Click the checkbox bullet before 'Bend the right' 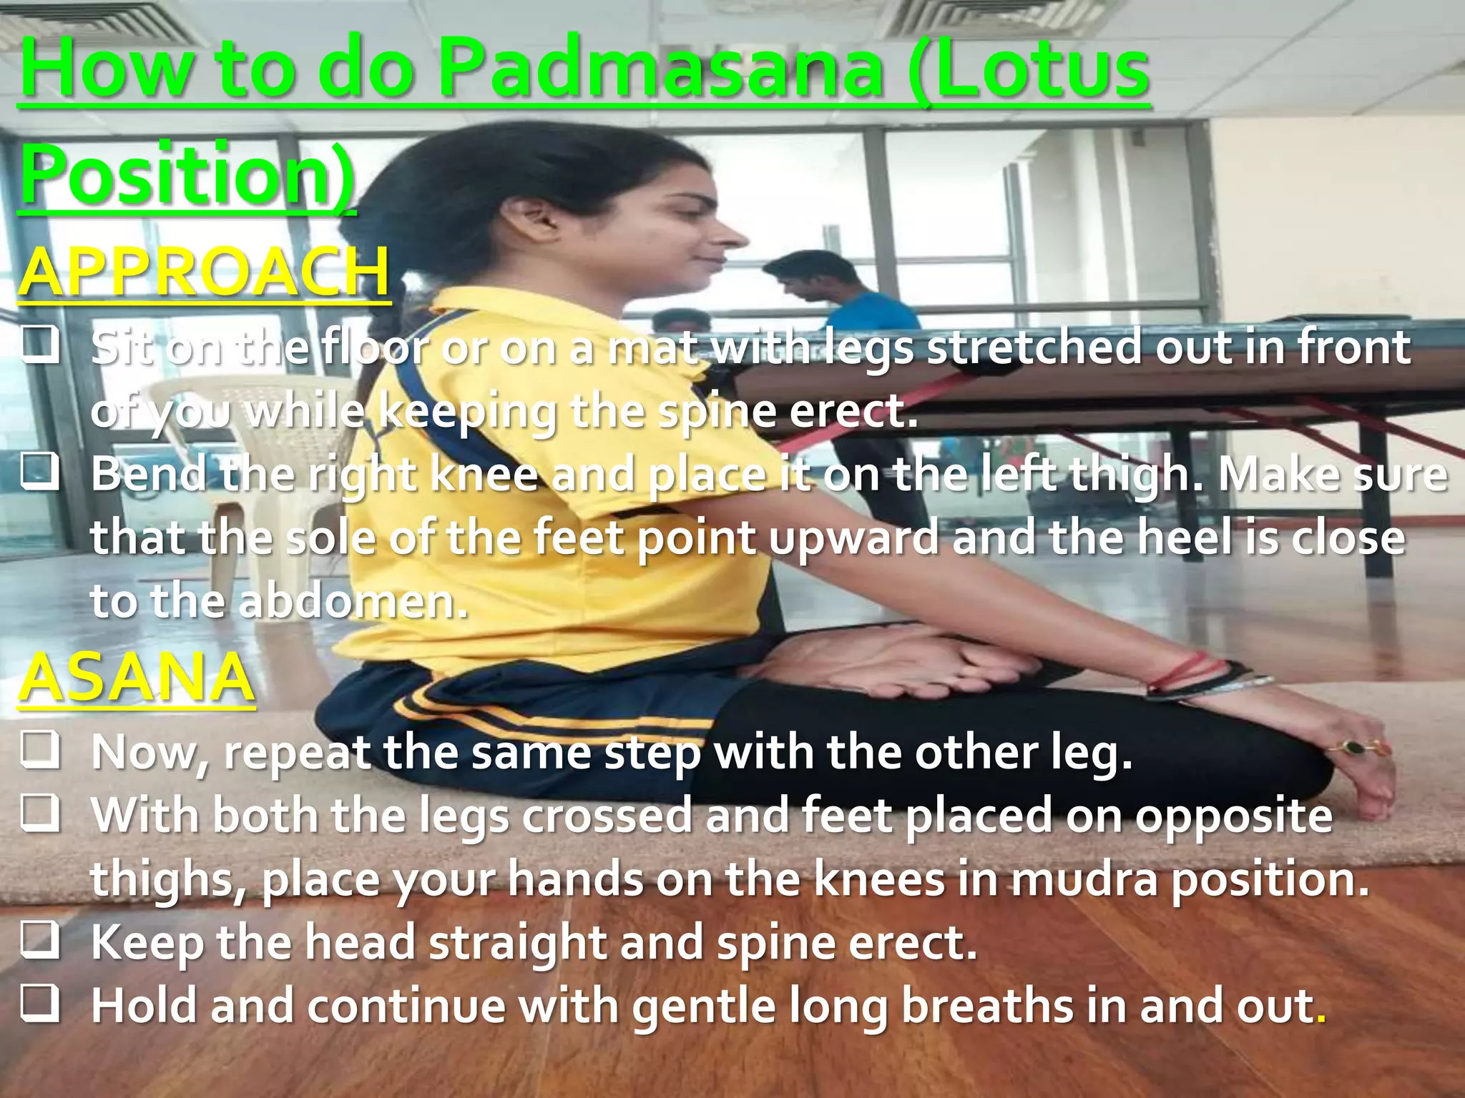(40, 473)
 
